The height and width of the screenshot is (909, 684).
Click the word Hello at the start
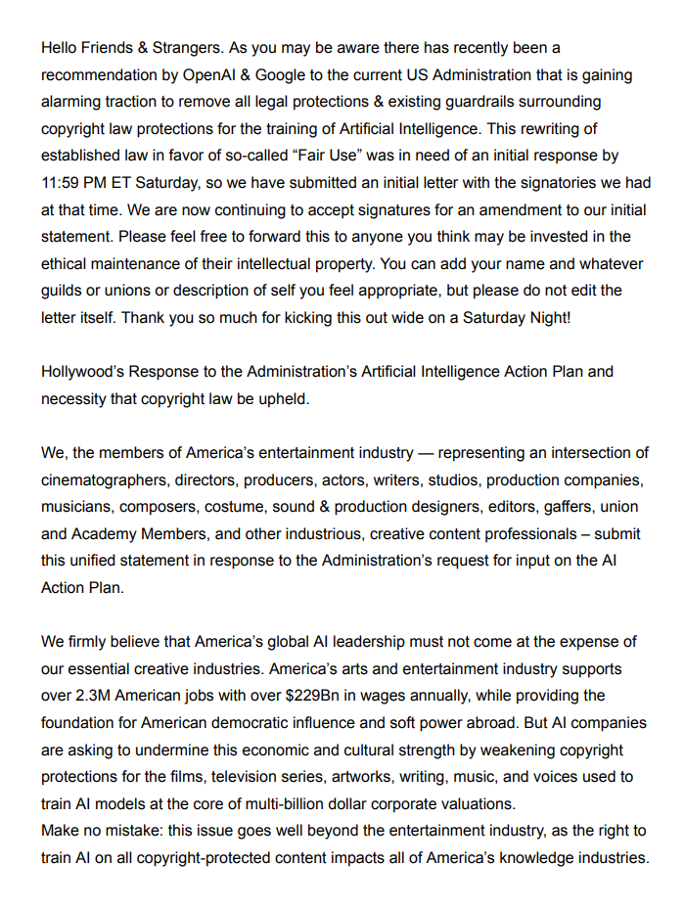61,47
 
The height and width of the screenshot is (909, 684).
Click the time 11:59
64,183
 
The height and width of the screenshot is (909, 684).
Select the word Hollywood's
86,372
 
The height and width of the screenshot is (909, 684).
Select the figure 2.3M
96,696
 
